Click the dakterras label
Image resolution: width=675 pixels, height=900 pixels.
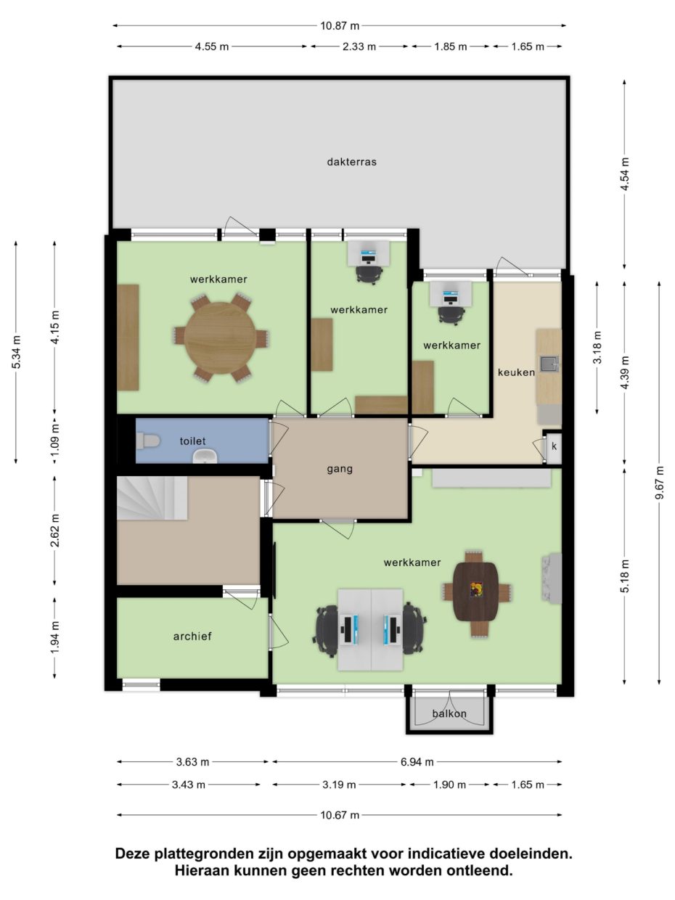(351, 162)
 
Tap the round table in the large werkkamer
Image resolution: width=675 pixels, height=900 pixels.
(220, 338)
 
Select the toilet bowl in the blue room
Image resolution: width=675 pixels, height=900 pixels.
(149, 441)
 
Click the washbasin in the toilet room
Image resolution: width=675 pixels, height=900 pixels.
(205, 456)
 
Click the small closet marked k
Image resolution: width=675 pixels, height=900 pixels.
(554, 446)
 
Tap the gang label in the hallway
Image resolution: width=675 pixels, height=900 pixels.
(340, 469)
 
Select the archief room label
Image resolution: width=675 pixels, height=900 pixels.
(192, 637)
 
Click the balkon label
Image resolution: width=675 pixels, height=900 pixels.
(449, 713)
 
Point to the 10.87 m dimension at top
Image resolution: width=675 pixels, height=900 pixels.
(340, 25)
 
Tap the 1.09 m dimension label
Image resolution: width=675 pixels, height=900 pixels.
(55, 441)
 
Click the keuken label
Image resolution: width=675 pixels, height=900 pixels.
(516, 372)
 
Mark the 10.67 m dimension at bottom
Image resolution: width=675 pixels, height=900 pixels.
(340, 815)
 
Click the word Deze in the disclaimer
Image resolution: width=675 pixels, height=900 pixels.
(132, 854)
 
